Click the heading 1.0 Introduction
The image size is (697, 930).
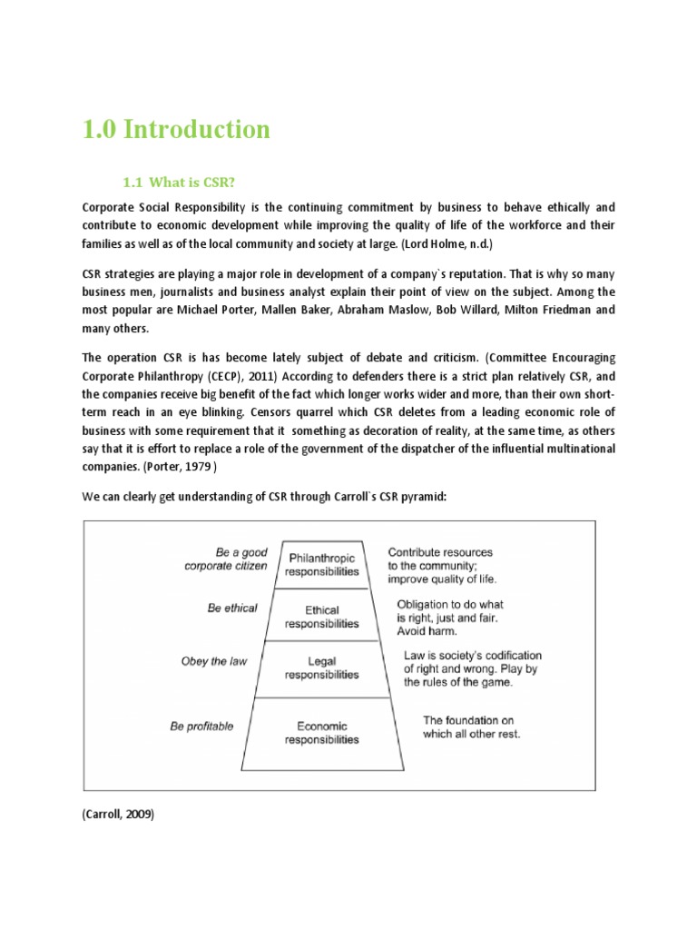176,130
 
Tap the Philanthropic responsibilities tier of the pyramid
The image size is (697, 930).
321,564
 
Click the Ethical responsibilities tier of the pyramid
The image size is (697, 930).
321,618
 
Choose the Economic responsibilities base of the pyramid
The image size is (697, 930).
321,732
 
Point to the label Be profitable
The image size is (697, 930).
201,726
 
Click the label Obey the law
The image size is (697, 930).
214,661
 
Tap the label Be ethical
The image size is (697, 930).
231,608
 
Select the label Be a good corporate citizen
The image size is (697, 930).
226,559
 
